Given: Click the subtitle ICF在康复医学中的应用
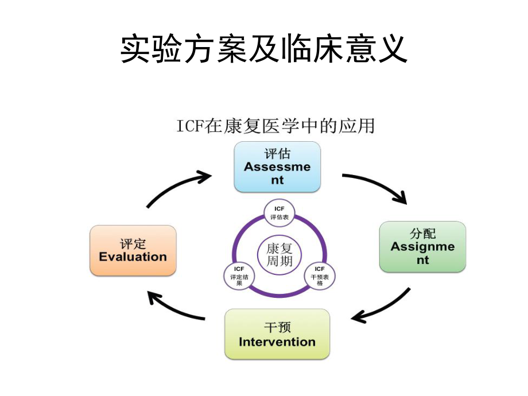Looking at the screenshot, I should point(275,126).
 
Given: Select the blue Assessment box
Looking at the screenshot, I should point(277,166).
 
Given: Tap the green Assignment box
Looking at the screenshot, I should point(422,247).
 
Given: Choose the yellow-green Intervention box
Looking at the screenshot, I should point(277,334).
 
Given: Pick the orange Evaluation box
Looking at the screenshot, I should point(133,250).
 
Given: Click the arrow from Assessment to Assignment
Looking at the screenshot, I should point(376,187).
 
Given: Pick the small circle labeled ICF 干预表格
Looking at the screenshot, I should point(320,276).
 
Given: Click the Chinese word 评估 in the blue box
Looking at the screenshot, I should point(277,154).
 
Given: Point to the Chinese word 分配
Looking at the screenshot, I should point(422,234).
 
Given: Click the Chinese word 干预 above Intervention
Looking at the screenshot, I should point(277,328).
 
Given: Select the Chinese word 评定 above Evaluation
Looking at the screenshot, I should point(133,243).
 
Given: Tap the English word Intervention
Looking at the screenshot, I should point(277,342).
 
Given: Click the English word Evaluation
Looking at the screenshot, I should point(133,257).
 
